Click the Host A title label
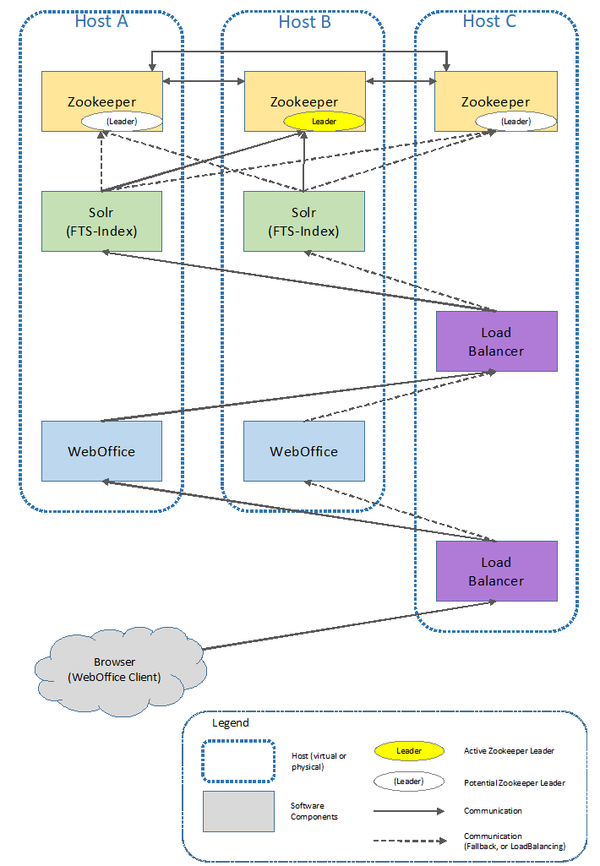pyautogui.click(x=101, y=21)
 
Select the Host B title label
pyautogui.click(x=304, y=22)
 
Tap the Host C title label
pyautogui.click(x=488, y=21)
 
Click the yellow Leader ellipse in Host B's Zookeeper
pyautogui.click(x=325, y=122)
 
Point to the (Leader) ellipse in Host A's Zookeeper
pyautogui.click(x=122, y=122)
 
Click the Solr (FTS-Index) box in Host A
pyautogui.click(x=101, y=221)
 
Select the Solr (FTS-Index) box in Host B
pyautogui.click(x=304, y=221)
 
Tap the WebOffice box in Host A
pyautogui.click(x=101, y=451)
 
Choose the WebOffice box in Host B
pyautogui.click(x=304, y=451)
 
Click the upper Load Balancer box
pyautogui.click(x=496, y=341)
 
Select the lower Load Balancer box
pyautogui.click(x=496, y=571)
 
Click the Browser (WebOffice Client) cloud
pyautogui.click(x=120, y=668)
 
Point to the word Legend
pyautogui.click(x=231, y=723)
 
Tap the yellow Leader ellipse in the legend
pyautogui.click(x=409, y=751)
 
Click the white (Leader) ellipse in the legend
pyautogui.click(x=409, y=782)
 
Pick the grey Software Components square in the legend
pyautogui.click(x=238, y=811)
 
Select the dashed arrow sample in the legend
pyautogui.click(x=409, y=841)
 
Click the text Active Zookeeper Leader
pyautogui.click(x=509, y=751)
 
